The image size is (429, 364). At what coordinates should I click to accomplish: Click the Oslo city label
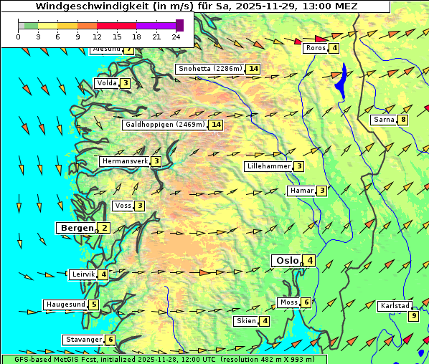tap(286, 260)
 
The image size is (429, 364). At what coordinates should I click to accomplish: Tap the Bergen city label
tap(76, 228)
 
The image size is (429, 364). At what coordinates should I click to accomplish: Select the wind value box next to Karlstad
tap(413, 316)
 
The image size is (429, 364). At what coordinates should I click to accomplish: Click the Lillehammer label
tap(268, 166)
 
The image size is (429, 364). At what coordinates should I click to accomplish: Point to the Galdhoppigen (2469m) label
tap(165, 125)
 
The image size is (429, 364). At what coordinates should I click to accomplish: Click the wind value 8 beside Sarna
tap(403, 120)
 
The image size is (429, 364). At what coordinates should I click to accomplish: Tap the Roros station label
tap(316, 48)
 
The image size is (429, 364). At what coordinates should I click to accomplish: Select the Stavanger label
tap(83, 340)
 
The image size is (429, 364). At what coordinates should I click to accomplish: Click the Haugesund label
tap(65, 305)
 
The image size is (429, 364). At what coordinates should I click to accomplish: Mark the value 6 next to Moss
tap(306, 302)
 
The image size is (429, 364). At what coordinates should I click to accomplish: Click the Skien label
tap(246, 321)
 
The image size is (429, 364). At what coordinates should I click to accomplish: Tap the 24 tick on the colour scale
tap(176, 36)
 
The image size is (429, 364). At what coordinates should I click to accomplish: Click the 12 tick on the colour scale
tap(97, 36)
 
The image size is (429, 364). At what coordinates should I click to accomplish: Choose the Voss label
tap(123, 206)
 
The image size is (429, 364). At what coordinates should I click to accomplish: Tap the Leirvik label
tap(82, 274)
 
